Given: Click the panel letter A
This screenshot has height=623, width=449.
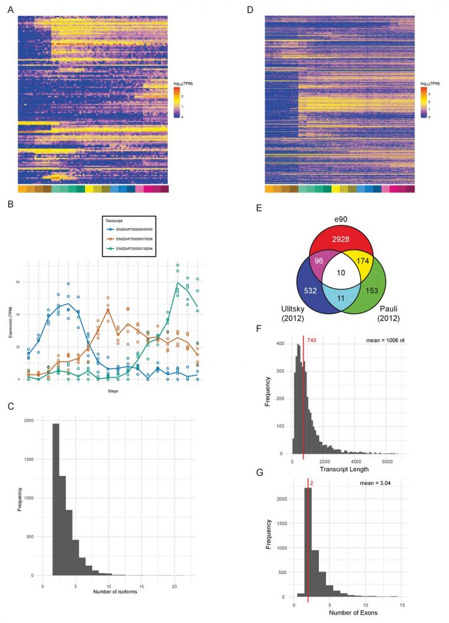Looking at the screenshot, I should (9, 9).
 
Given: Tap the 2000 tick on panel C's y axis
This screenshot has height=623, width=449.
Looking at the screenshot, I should (34, 420).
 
